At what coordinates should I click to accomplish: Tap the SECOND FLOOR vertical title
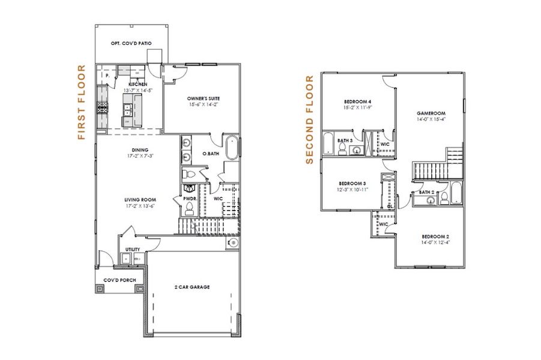tap(310, 119)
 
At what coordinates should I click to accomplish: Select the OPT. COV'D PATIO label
tap(131, 43)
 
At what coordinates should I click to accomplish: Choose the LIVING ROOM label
tap(141, 199)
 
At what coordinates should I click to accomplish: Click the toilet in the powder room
tap(189, 208)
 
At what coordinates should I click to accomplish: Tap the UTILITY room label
tap(132, 250)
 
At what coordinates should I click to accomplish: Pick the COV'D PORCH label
tap(119, 280)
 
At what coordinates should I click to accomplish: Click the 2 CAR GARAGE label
tap(192, 287)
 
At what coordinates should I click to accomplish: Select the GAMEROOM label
tap(431, 113)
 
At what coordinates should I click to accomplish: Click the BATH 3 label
tap(344, 140)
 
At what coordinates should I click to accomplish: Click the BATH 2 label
tap(426, 192)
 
